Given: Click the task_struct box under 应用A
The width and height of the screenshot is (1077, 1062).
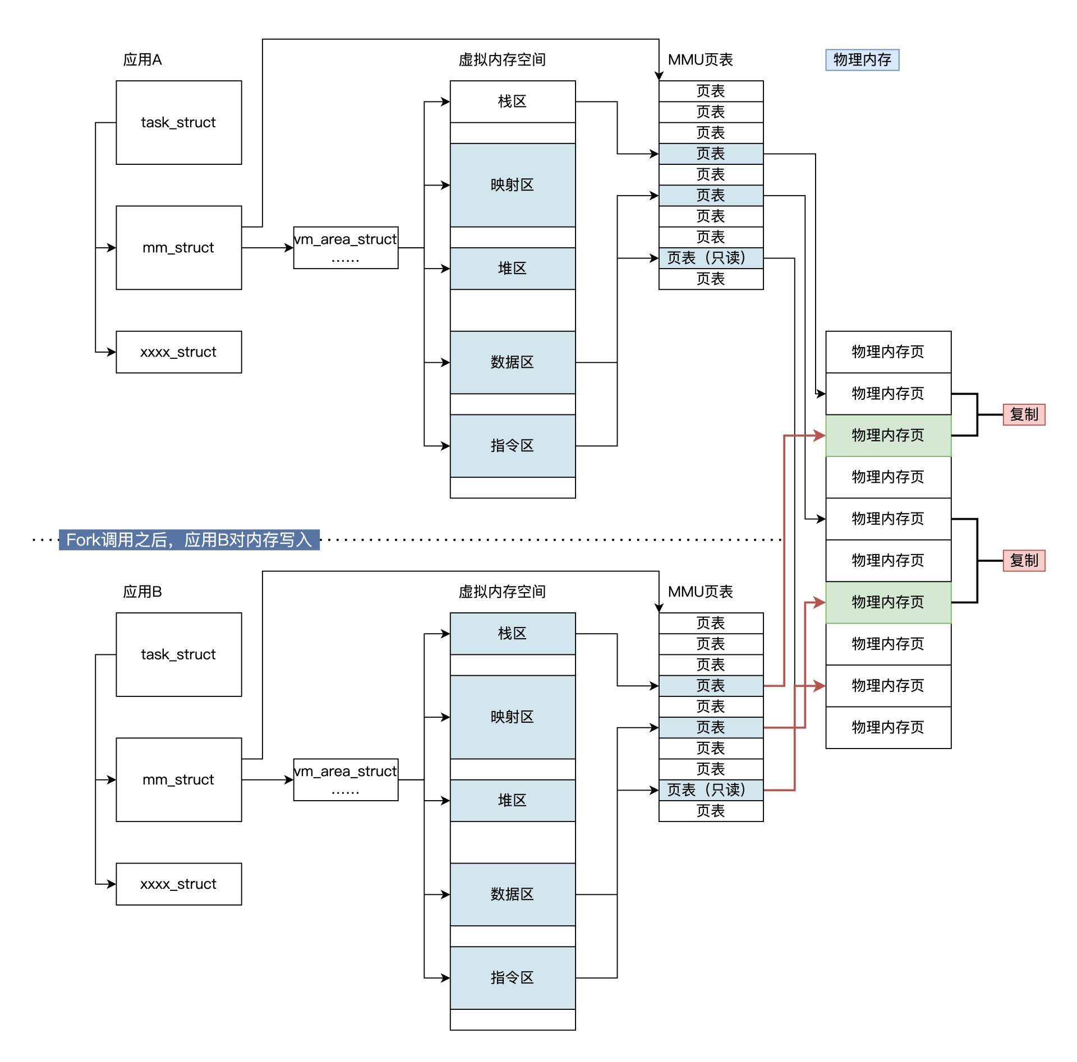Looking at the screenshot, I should [x=178, y=122].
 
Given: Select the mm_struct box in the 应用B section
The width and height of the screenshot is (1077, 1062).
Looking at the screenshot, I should [x=178, y=779].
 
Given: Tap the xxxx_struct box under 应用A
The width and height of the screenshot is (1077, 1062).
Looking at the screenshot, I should [x=178, y=352].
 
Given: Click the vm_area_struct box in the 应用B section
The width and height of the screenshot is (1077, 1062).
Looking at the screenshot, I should [x=346, y=779].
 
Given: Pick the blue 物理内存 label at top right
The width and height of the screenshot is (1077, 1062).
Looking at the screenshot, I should [x=862, y=60].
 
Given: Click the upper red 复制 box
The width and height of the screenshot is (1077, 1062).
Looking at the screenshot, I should [x=1024, y=414].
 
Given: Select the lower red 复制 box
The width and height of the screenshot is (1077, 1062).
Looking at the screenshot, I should [x=1024, y=560].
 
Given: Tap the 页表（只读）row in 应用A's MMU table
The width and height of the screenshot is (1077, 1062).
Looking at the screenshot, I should [x=711, y=258].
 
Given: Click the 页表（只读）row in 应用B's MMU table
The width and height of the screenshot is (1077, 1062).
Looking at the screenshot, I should [x=711, y=790].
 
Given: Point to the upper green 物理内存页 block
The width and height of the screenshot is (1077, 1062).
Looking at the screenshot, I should [x=888, y=435].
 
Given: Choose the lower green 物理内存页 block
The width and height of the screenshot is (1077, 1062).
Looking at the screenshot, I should [x=888, y=602].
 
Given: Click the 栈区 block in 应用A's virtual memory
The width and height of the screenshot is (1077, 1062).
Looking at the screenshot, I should [x=512, y=101].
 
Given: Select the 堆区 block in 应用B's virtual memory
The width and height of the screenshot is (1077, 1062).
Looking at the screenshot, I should [x=512, y=800].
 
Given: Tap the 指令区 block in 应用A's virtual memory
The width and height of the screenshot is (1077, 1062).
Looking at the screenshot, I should [x=512, y=446].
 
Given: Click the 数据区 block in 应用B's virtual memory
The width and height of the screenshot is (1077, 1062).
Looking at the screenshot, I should [x=512, y=894].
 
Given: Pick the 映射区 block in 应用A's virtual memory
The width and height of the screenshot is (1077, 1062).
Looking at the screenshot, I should [x=512, y=185].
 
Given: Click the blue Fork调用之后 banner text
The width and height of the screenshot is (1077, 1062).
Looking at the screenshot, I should [x=189, y=539].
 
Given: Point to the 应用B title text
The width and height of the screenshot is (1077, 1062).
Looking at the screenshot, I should [x=142, y=592].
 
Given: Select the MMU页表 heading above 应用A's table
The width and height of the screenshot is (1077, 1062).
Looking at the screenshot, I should [x=700, y=59].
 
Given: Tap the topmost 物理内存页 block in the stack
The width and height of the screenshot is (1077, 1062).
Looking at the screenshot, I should [x=888, y=352].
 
